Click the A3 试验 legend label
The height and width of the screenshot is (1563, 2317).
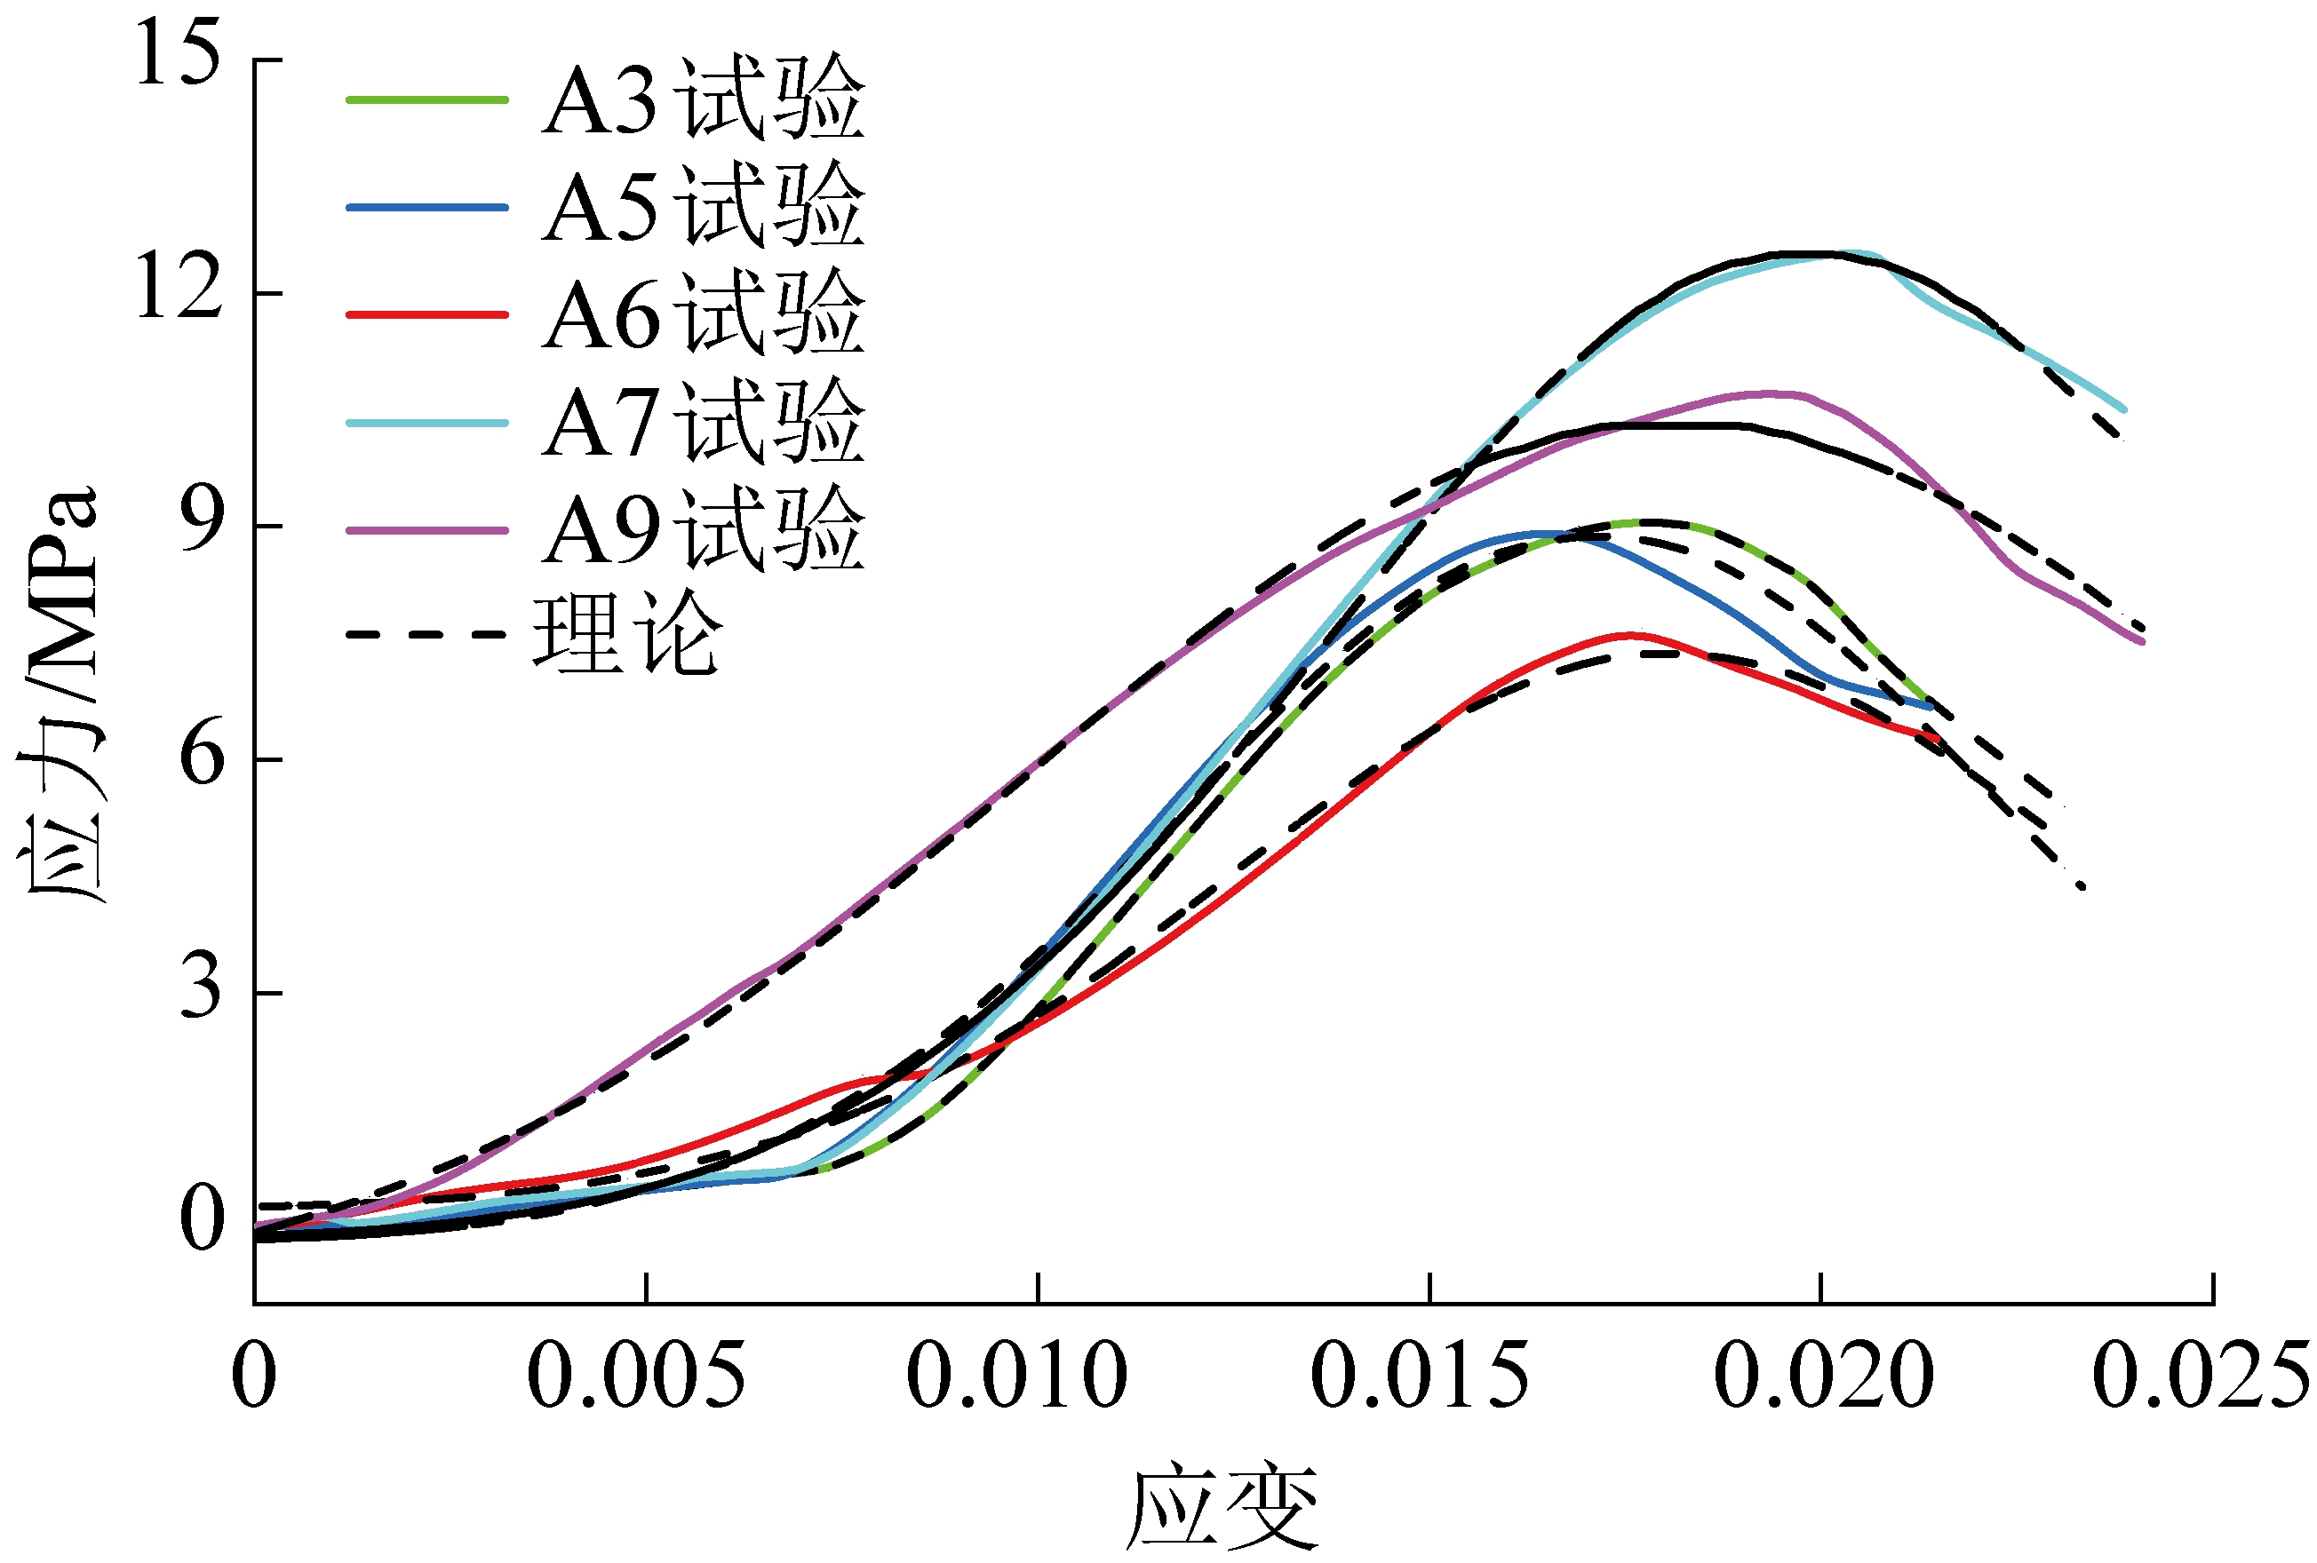704,99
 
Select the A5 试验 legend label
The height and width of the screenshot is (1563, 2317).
704,206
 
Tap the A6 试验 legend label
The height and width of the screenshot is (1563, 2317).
704,314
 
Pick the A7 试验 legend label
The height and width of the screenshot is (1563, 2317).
704,422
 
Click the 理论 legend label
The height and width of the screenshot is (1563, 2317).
626,634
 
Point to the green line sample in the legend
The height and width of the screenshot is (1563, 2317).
426,99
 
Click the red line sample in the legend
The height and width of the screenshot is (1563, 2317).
426,315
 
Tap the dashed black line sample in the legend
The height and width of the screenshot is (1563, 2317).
426,634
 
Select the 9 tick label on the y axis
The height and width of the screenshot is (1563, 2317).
199,523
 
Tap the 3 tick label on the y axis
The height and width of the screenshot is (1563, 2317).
199,990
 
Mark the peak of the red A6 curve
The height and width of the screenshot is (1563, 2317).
1631,634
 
